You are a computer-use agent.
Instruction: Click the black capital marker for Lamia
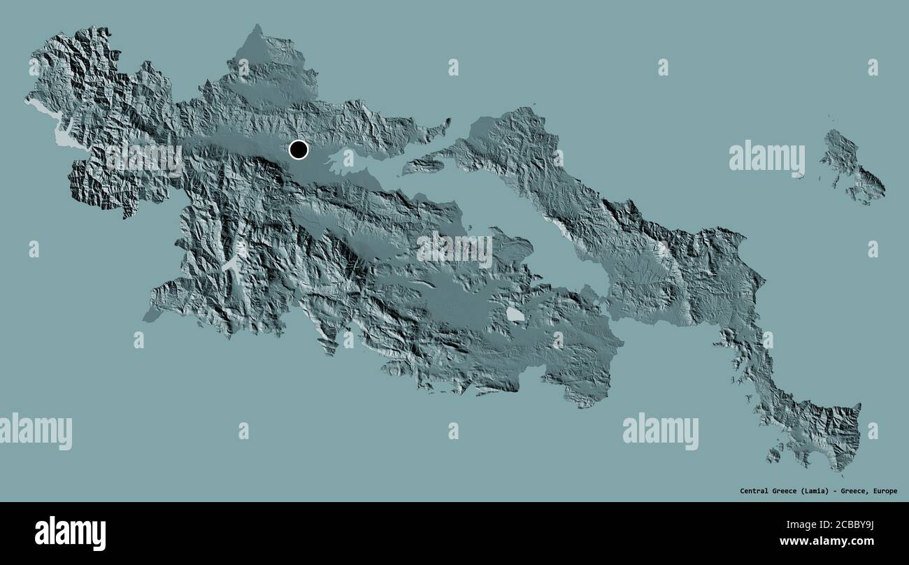coord(299,150)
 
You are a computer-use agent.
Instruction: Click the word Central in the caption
coord(756,491)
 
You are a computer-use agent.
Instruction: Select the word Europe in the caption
coord(883,491)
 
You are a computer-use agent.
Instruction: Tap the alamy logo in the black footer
coord(70,533)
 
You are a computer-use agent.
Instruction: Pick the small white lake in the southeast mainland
coord(515,315)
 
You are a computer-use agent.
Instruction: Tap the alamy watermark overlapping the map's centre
coord(454,249)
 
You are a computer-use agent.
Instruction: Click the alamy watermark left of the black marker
coord(144,158)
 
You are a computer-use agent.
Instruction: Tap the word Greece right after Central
coord(786,491)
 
